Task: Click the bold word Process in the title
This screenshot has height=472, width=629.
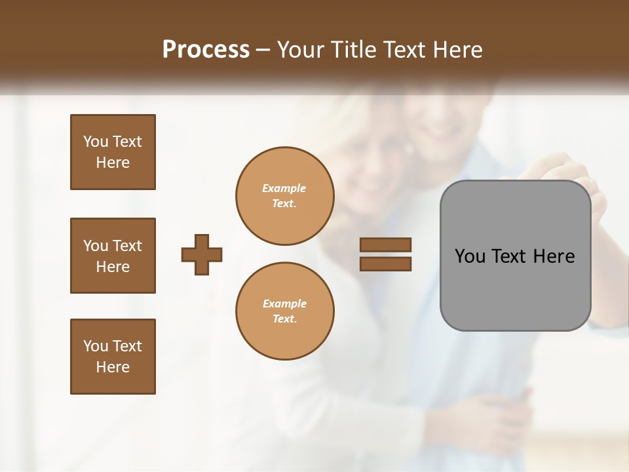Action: [206, 49]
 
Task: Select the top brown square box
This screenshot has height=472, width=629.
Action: [113, 152]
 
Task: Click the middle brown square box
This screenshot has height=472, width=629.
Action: [113, 256]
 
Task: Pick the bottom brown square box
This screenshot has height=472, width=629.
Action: [113, 357]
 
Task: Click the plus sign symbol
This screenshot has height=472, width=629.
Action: [202, 254]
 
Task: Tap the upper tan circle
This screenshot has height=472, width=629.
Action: [284, 196]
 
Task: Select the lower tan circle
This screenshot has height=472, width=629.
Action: [284, 311]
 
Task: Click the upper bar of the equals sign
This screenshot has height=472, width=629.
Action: [385, 245]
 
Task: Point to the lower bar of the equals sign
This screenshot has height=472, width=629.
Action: [385, 264]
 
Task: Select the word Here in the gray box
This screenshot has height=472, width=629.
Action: [554, 256]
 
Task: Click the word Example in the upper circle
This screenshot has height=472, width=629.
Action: [284, 188]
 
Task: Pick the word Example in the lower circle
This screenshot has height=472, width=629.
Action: [284, 304]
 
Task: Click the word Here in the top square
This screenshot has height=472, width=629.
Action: [113, 163]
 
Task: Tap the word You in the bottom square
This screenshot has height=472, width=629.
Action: [96, 346]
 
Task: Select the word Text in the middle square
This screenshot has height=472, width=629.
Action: [126, 246]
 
